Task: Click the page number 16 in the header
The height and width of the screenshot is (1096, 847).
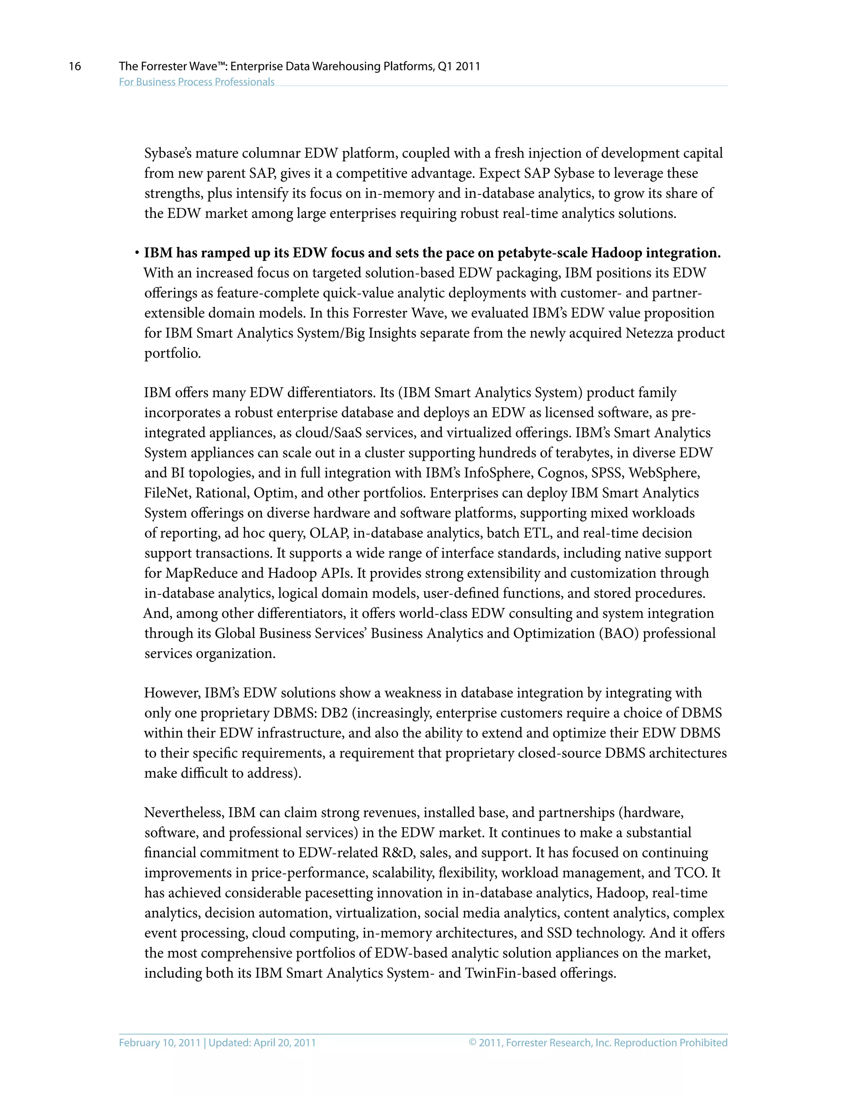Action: point(75,66)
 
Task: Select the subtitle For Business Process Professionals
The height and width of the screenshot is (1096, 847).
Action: point(197,82)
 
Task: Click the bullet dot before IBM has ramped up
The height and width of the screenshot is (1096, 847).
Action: point(136,254)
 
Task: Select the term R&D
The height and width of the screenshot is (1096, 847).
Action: point(397,853)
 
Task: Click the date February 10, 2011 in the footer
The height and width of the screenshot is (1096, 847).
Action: point(160,1043)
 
